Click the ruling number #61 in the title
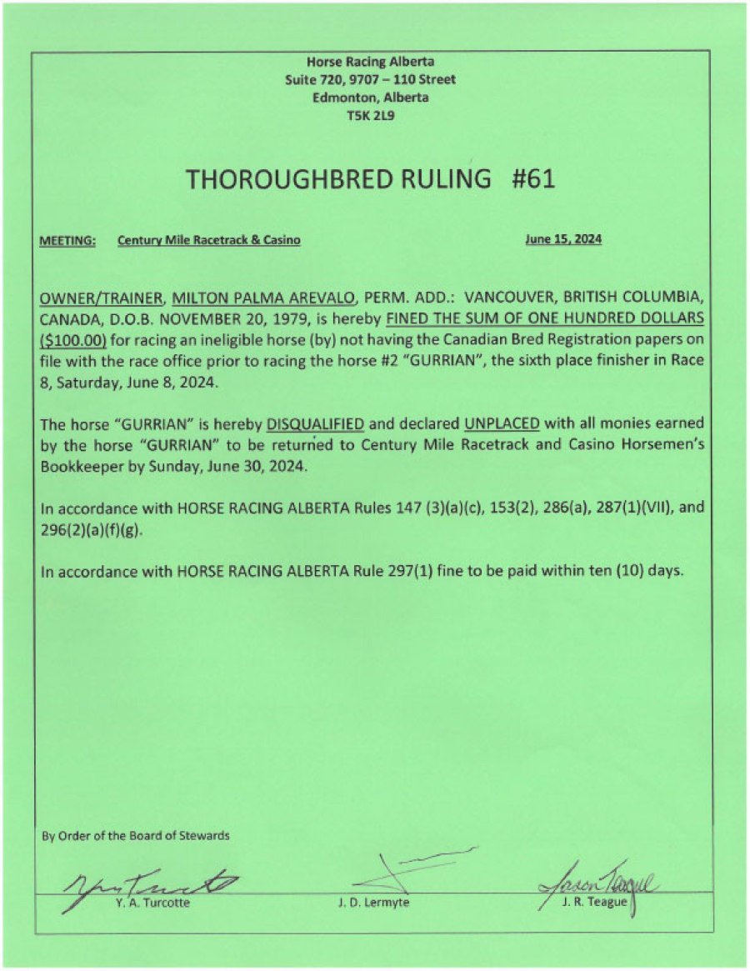pos(532,179)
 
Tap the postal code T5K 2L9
pos(370,116)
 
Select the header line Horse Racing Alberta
pos(370,61)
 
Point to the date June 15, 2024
pos(563,239)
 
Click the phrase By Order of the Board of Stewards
pos(136,835)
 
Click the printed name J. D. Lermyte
pos(374,903)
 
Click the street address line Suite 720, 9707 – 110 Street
pos(370,79)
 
